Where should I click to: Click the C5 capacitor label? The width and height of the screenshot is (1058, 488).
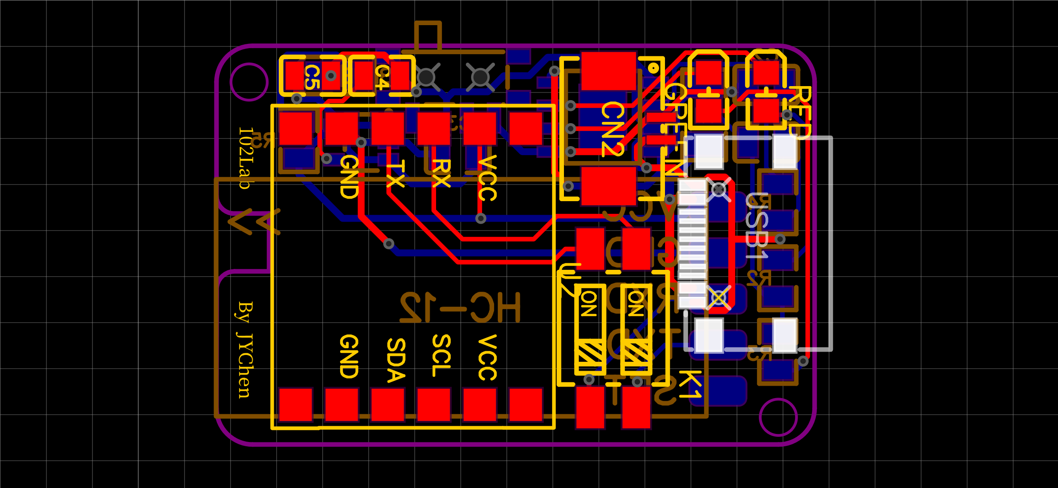click(312, 77)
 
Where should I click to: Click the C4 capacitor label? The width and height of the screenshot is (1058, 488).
click(382, 77)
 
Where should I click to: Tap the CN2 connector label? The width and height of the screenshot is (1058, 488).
click(613, 129)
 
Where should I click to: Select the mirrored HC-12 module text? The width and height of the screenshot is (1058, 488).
click(460, 308)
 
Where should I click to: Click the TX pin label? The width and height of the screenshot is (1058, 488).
click(395, 173)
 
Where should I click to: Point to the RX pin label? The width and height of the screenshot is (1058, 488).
click(441, 173)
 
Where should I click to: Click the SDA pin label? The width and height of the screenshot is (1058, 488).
click(396, 360)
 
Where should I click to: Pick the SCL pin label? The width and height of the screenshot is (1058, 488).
click(441, 355)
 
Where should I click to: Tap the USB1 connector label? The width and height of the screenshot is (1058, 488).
click(757, 226)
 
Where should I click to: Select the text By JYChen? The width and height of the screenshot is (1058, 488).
click(245, 349)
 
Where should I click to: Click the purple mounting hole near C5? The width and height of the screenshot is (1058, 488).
click(249, 82)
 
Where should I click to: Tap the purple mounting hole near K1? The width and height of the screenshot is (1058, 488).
click(778, 417)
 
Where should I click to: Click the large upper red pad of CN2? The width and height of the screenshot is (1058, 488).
click(608, 71)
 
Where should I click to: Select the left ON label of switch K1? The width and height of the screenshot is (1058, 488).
click(589, 304)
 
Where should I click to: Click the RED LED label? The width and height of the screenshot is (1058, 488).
click(800, 112)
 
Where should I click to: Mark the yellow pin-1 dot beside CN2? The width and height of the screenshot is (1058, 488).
click(653, 67)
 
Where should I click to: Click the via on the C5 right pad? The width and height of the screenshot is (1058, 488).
click(331, 76)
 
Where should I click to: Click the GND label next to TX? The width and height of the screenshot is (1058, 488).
click(349, 176)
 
